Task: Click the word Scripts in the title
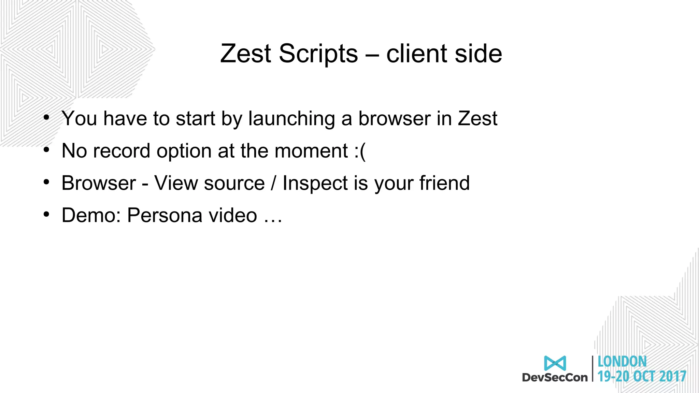click(x=318, y=54)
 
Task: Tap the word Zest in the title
click(x=245, y=54)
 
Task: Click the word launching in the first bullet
click(x=291, y=119)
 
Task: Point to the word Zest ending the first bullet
click(x=477, y=118)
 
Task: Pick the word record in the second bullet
click(x=122, y=151)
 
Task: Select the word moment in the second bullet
click(x=311, y=151)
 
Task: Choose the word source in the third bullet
click(x=234, y=183)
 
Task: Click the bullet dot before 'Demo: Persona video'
click(x=46, y=214)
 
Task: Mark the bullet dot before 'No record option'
click(x=46, y=150)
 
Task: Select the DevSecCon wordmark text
click(x=555, y=377)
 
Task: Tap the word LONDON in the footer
click(x=622, y=362)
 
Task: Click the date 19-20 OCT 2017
click(x=642, y=376)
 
